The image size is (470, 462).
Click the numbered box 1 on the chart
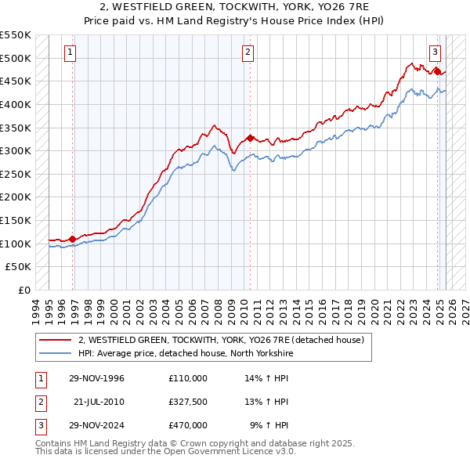tap(70, 52)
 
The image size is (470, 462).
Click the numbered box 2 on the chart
tap(248, 52)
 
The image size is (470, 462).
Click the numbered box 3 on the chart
tap(435, 52)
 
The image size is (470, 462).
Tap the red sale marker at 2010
tap(250, 138)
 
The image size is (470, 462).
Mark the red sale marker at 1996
tap(72, 239)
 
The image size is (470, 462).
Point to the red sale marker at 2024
tap(437, 71)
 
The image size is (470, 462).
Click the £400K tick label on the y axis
tap(16, 104)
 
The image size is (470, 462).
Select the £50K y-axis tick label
tap(19, 267)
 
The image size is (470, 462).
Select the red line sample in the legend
tap(56, 341)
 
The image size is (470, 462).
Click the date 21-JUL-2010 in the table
tap(99, 402)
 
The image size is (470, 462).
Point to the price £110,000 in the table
tap(188, 378)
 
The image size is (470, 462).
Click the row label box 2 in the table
tap(40, 402)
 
